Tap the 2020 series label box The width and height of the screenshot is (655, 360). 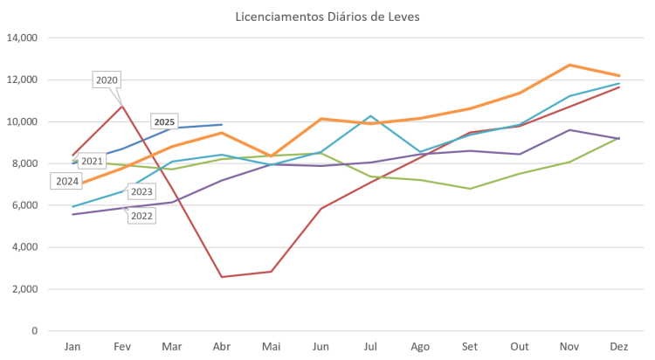click(107, 80)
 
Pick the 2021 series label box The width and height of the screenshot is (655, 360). click(93, 162)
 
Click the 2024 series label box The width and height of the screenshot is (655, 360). click(66, 181)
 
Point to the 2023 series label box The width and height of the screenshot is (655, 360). click(141, 191)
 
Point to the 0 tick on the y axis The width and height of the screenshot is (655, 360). click(34, 331)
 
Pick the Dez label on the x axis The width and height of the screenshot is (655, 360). click(619, 347)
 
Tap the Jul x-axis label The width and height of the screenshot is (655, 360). click(370, 347)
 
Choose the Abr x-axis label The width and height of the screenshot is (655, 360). click(221, 347)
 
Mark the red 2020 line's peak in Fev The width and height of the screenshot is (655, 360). click(122, 105)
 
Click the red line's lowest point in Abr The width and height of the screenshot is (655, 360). click(222, 277)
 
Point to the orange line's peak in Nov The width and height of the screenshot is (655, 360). click(569, 65)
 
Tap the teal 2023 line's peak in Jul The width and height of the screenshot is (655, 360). click(370, 115)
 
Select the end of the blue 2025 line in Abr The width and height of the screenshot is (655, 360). click(222, 124)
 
